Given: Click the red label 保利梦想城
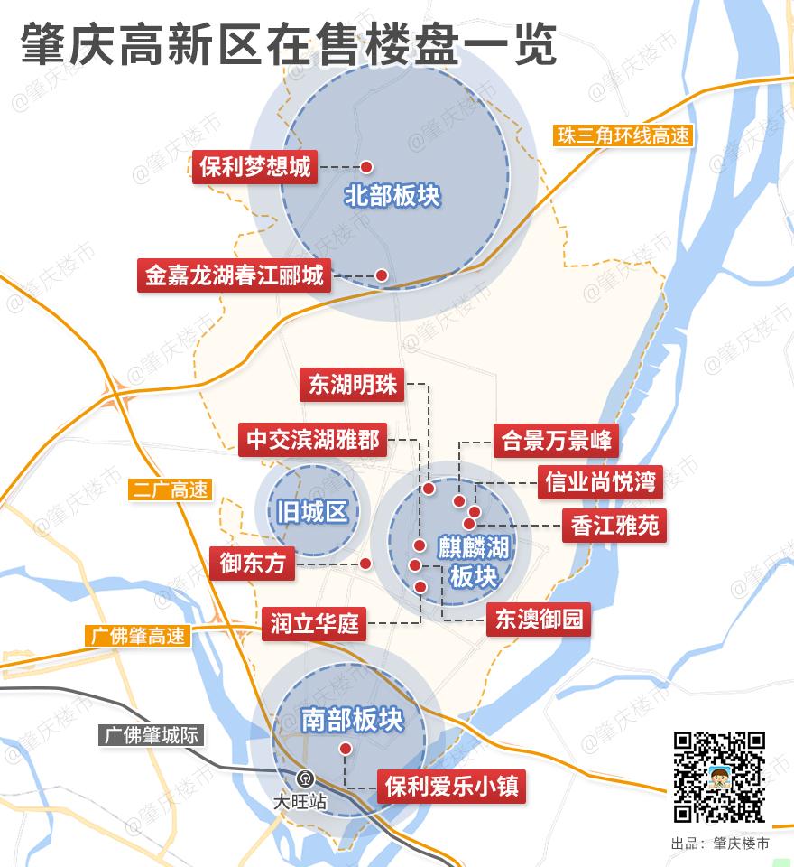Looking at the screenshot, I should click(x=255, y=167).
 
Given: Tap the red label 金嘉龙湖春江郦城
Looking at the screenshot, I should click(x=234, y=275).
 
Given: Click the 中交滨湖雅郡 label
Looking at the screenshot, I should click(x=314, y=440).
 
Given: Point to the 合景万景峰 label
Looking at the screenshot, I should click(x=557, y=441).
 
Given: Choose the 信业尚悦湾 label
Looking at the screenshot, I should click(x=600, y=481).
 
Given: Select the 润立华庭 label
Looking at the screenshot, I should click(x=315, y=623).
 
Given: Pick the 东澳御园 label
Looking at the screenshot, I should click(x=539, y=620).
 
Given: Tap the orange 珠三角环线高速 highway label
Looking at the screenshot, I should click(x=623, y=136).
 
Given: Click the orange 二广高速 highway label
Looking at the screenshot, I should click(x=170, y=490).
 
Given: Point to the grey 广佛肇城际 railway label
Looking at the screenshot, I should click(x=151, y=735).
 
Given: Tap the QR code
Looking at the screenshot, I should click(x=719, y=777).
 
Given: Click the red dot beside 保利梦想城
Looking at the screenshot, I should click(x=367, y=167).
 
